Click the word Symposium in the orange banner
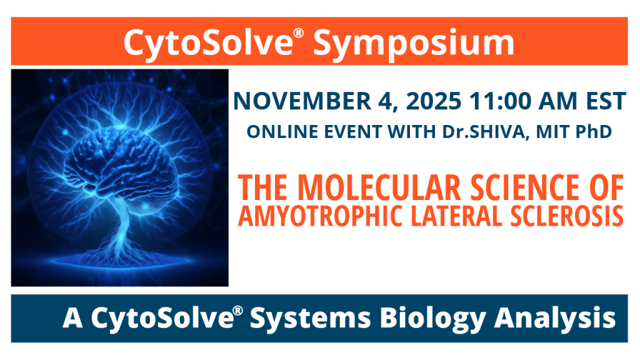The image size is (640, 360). [414, 43]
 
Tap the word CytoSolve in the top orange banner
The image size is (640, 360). [208, 43]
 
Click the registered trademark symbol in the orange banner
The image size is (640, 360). [299, 33]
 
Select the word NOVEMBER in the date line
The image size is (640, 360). [302, 101]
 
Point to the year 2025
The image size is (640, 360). [434, 101]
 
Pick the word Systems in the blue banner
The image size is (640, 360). [311, 318]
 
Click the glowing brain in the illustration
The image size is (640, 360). [121, 166]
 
